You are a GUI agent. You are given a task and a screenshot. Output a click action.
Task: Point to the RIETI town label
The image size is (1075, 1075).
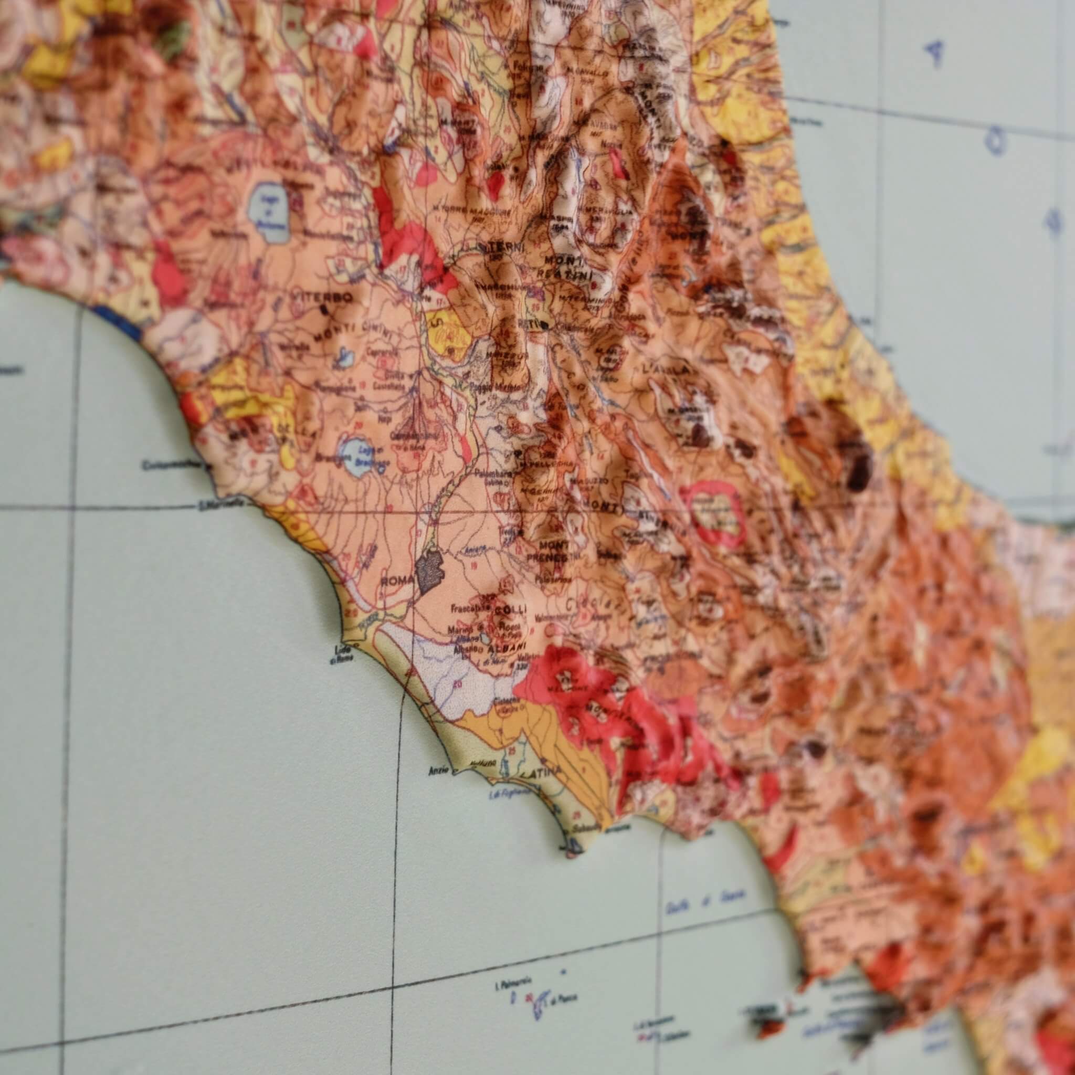(x=525, y=323)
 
